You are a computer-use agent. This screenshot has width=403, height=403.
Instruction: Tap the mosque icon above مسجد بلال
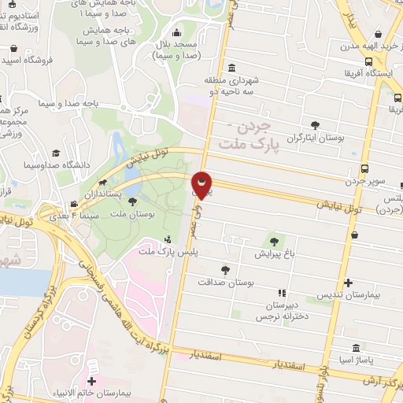pyautogui.click(x=183, y=34)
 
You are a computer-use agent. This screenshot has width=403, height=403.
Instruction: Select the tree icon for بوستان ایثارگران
pyautogui.click(x=315, y=124)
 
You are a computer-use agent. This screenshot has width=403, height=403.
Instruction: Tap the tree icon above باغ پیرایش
pyautogui.click(x=274, y=242)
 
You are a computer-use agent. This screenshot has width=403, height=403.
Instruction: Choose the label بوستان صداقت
pyautogui.click(x=225, y=281)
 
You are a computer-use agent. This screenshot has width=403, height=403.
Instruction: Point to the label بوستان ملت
pyautogui.click(x=131, y=213)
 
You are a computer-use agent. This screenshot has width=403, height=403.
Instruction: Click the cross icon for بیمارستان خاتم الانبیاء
pyautogui.click(x=93, y=368)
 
